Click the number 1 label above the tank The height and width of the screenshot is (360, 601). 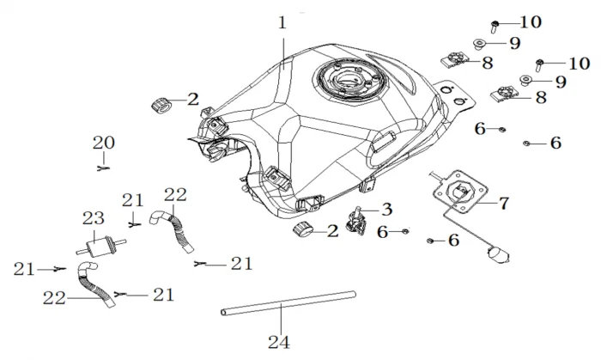click(x=282, y=23)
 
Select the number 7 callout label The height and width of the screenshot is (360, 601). click(x=504, y=203)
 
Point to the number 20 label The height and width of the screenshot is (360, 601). click(x=103, y=143)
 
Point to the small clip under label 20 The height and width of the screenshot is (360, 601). click(x=103, y=168)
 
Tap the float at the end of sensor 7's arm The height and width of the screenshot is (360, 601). click(x=495, y=253)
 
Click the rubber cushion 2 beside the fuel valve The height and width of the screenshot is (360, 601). click(x=304, y=229)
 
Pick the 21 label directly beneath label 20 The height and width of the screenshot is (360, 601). click(x=132, y=200)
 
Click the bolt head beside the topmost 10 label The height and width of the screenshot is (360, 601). click(x=497, y=24)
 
